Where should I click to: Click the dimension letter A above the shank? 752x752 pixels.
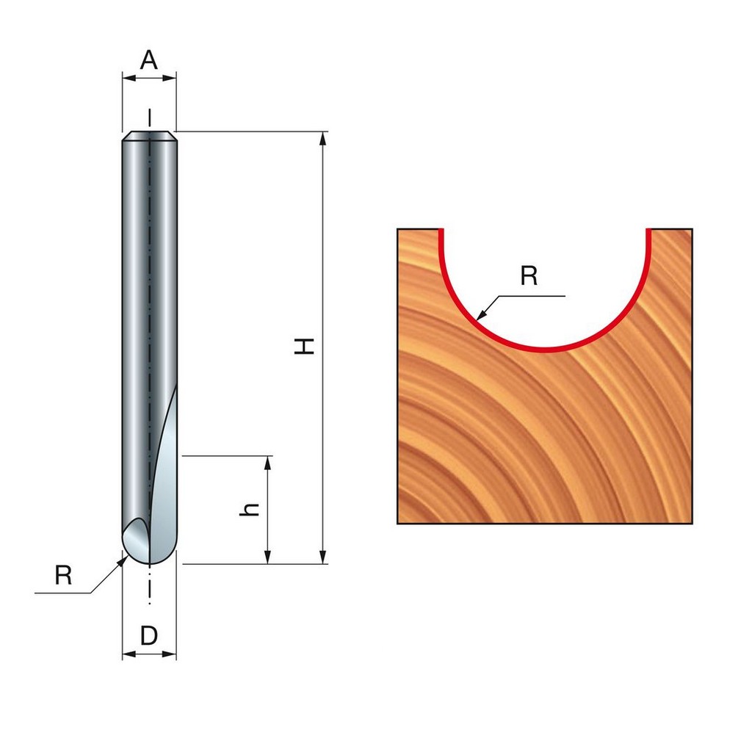(x=148, y=60)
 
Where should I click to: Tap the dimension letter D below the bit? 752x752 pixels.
(x=149, y=636)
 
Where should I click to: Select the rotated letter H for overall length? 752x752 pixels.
(x=305, y=346)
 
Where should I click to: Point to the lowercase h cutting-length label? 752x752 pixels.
(x=250, y=510)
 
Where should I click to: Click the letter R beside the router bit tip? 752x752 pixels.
(x=63, y=575)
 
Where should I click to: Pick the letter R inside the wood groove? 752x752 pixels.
(x=529, y=276)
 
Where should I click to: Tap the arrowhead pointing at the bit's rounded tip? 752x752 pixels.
(x=121, y=560)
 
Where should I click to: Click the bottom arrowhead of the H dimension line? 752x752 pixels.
(x=323, y=557)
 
